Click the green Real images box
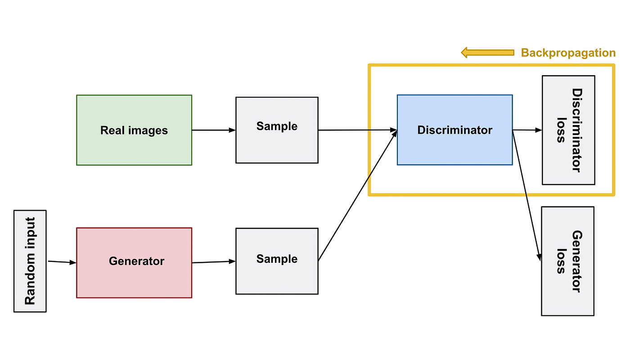click(x=134, y=130)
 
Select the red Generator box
click(x=134, y=262)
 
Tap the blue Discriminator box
click(x=454, y=130)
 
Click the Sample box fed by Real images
click(x=277, y=130)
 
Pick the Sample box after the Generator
click(x=277, y=261)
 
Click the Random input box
click(x=30, y=261)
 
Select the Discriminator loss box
click(x=568, y=130)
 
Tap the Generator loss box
click(x=567, y=261)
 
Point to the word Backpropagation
click(x=568, y=53)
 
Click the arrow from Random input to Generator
click(x=62, y=262)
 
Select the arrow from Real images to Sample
click(x=214, y=130)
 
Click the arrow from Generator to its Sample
click(x=214, y=261)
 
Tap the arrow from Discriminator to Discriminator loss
click(x=527, y=130)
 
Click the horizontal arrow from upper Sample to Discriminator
click(x=358, y=130)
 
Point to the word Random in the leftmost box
click(x=30, y=286)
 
